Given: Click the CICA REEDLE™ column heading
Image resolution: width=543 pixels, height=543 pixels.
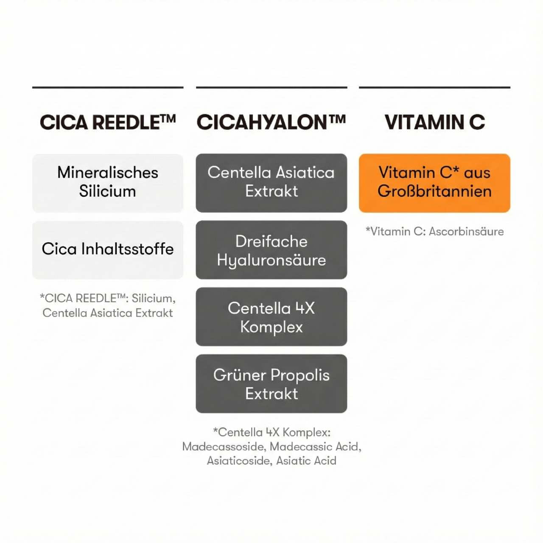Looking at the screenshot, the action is pos(108,122).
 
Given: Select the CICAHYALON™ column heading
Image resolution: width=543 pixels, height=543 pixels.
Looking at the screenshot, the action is pos(271,122).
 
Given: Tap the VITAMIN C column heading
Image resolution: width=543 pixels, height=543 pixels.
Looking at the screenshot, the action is pos(434,122).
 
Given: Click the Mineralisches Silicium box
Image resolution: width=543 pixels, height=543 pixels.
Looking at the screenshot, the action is pos(108,183).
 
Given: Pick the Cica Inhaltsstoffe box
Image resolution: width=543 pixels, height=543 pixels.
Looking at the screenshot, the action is pos(108,250).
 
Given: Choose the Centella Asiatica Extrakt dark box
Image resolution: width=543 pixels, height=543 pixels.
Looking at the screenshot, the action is pos(271,183).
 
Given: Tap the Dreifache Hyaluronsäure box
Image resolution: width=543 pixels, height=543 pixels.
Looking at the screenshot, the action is pos(271,250).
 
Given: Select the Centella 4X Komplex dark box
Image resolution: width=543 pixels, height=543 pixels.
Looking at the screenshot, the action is pos(271,317).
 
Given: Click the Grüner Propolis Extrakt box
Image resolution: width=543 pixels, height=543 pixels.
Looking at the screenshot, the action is pos(271,384).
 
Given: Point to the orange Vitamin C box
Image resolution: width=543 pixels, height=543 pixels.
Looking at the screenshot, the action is pos(434,183).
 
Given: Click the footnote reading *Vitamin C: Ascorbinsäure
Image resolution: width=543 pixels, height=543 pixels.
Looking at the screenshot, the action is pos(434,231).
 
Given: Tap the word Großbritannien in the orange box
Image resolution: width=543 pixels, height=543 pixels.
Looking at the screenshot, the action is pos(434,191).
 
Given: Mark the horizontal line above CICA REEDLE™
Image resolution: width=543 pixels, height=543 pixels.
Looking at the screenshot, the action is pos(108,88).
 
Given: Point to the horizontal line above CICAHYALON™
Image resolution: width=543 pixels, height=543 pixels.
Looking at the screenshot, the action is pos(271,88).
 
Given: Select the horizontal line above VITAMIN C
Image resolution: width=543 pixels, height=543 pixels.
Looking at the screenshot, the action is pos(434,88).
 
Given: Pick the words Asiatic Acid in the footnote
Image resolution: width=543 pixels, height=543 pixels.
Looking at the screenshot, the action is pos(306,461).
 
